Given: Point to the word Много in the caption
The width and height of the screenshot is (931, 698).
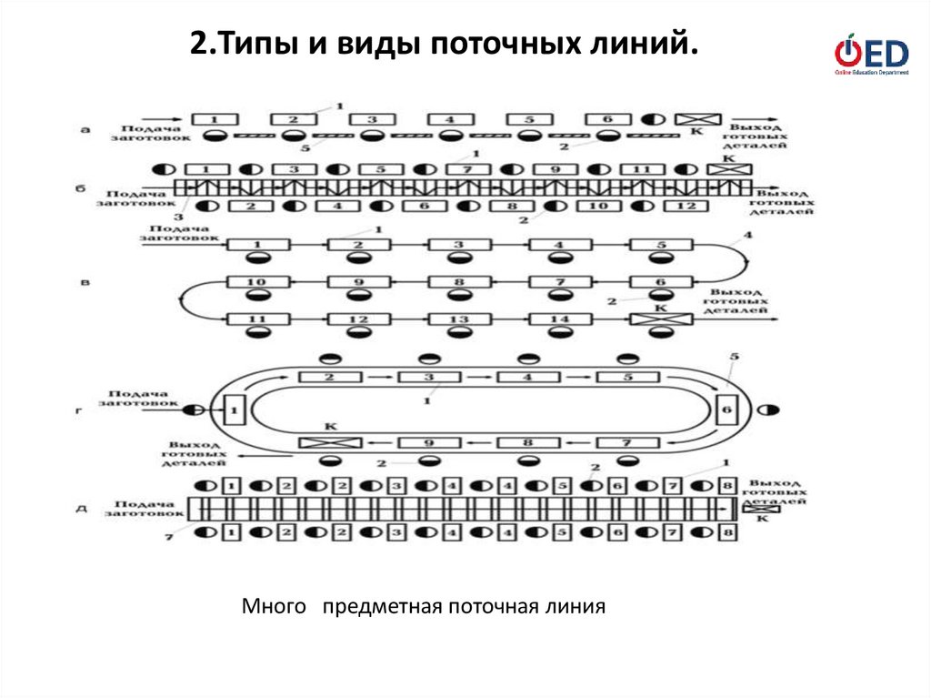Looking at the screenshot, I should click(272, 605).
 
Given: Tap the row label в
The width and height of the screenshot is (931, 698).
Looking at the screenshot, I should click(85, 283).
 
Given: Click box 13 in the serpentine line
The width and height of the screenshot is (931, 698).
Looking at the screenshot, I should click(460, 319).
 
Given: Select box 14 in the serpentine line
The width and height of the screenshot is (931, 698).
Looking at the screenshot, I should click(560, 319).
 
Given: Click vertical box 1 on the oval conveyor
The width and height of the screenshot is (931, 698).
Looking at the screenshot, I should click(234, 411).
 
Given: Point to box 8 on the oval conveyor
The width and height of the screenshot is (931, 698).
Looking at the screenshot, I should click(526, 443).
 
